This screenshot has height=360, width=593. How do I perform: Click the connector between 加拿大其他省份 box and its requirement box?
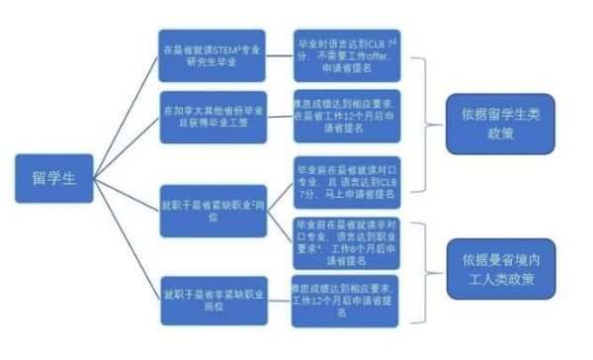277,115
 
